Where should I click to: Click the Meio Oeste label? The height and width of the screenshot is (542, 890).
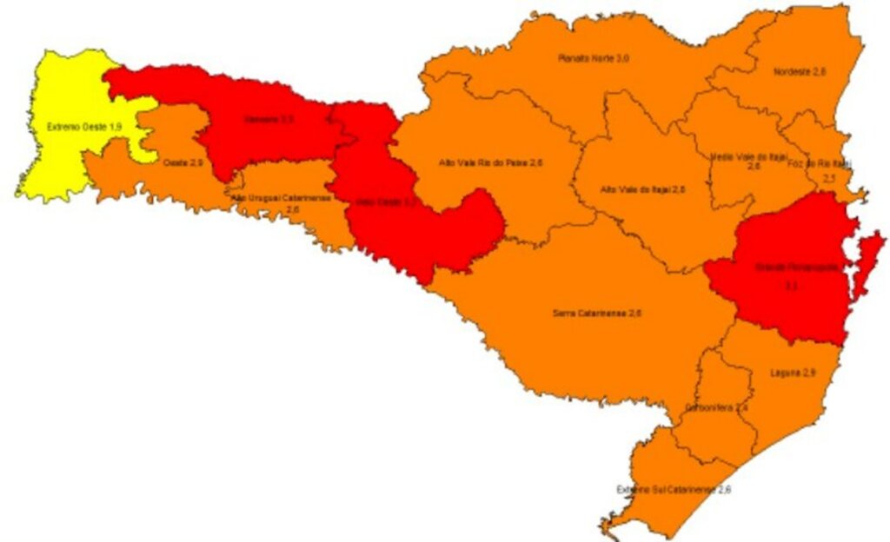point(386,202)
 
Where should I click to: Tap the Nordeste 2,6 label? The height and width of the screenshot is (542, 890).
point(799,73)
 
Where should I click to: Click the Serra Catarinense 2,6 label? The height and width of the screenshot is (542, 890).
point(592,312)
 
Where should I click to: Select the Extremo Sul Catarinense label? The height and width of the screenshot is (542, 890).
point(674,490)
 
